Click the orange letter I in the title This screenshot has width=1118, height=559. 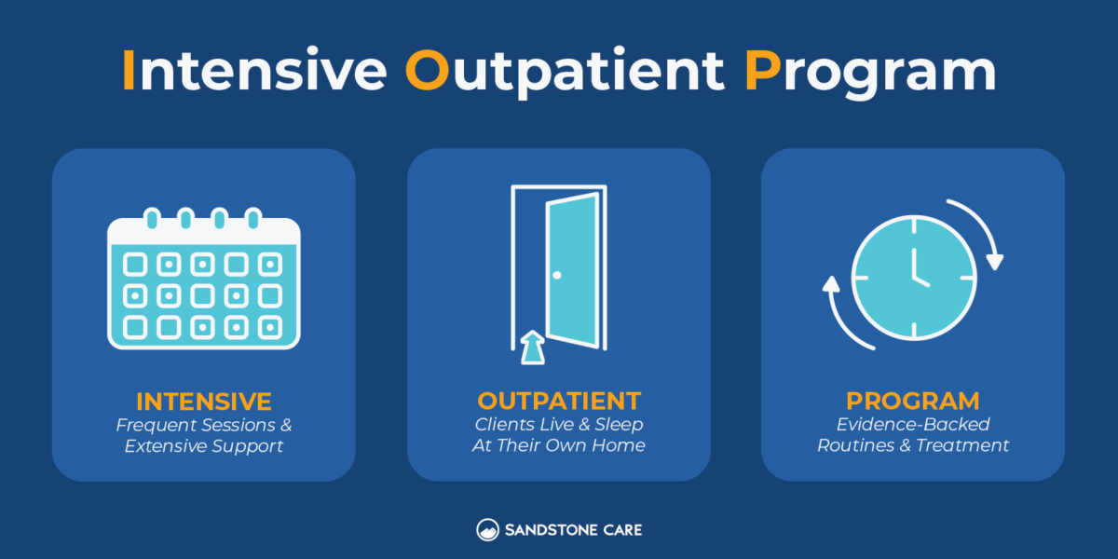129,72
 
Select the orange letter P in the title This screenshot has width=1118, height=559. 762,72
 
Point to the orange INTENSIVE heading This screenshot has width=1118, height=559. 204,402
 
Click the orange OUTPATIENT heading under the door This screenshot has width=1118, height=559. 559,402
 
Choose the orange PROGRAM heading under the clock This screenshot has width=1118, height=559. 913,402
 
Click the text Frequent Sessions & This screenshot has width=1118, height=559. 204,425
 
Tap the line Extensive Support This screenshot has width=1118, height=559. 204,446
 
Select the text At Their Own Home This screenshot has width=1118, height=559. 559,446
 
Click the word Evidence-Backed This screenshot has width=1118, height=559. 913,425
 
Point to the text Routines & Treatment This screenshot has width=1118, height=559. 913,446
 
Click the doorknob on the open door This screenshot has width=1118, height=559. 557,275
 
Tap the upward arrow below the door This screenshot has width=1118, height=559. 531,347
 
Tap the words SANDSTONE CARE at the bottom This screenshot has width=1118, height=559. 573,530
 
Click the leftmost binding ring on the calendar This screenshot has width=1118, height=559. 152,220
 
